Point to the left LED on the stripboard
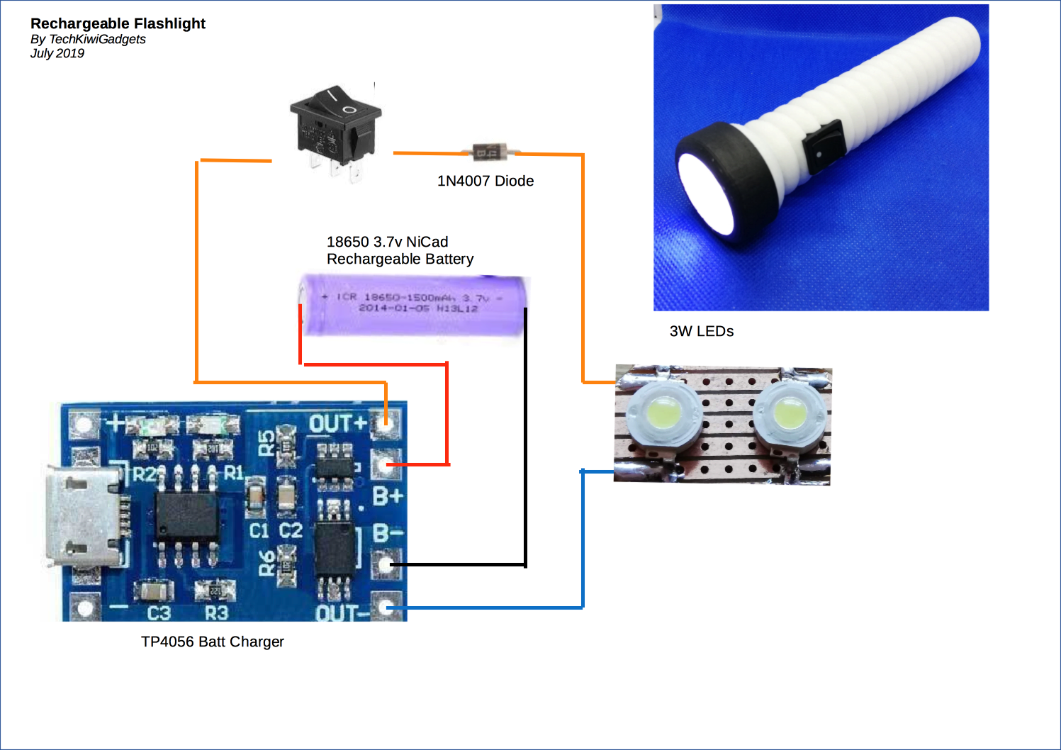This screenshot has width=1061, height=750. pyautogui.click(x=663, y=413)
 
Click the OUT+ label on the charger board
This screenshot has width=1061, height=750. pyautogui.click(x=337, y=424)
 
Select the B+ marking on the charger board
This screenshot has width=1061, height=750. pyautogui.click(x=388, y=496)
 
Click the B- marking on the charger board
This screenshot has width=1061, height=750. pyautogui.click(x=388, y=533)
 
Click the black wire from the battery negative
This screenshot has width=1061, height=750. pyautogui.click(x=525, y=440)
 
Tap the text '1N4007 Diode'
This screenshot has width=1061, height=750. pyautogui.click(x=485, y=181)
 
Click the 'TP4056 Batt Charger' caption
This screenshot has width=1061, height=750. pyautogui.click(x=213, y=642)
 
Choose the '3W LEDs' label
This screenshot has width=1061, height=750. pyautogui.click(x=702, y=331)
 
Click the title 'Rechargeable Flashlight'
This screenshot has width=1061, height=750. pyautogui.click(x=118, y=23)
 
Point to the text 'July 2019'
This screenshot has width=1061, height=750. pyautogui.click(x=57, y=53)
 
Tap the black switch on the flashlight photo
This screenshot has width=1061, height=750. pyautogui.click(x=823, y=146)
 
